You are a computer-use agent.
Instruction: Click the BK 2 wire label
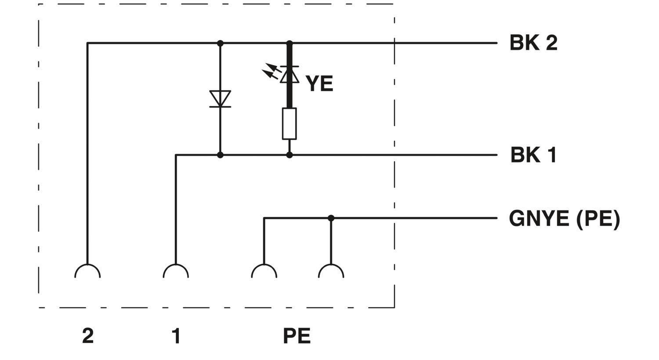533,43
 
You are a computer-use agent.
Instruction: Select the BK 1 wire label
533,155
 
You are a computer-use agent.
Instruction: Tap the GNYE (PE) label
565,219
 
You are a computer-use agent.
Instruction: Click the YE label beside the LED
319,83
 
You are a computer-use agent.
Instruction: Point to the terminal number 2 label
88,335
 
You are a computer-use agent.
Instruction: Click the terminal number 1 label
176,335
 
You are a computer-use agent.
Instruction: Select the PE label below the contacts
297,335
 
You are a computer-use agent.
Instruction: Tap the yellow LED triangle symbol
290,75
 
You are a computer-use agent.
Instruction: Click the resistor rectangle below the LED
290,124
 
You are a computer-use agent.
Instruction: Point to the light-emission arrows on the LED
271,71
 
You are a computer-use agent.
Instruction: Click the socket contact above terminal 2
88,271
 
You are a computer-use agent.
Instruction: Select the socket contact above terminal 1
176,271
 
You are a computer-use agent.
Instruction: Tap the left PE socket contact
264,271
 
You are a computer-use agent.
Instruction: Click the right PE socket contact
331,271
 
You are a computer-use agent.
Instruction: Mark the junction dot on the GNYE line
331,218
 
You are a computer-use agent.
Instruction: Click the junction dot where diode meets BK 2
220,43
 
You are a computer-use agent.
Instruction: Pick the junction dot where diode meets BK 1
220,155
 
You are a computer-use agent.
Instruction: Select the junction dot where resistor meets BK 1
290,155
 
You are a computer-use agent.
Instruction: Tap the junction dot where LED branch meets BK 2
290,43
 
